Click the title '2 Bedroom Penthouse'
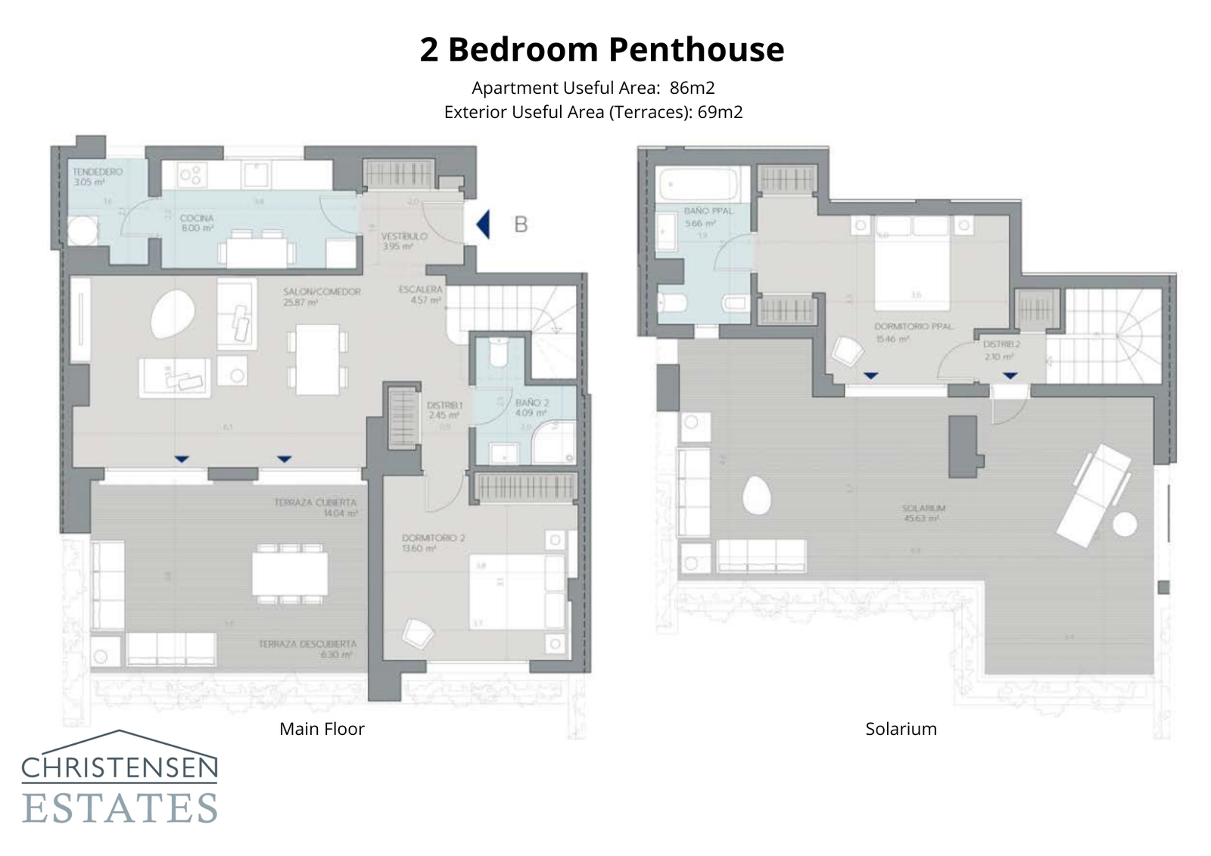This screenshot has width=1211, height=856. coord(602,50)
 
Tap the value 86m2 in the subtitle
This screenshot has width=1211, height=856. coord(692,88)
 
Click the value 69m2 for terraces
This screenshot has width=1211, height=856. coord(720,113)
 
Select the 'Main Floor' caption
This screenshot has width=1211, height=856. coord(322,729)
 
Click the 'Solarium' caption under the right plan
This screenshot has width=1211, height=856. coord(901,729)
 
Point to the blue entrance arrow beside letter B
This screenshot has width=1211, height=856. coord(483,224)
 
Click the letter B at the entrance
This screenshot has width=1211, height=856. coord(521,224)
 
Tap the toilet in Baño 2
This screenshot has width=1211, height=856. coord(498,352)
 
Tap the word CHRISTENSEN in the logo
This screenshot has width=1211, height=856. coord(120,769)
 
